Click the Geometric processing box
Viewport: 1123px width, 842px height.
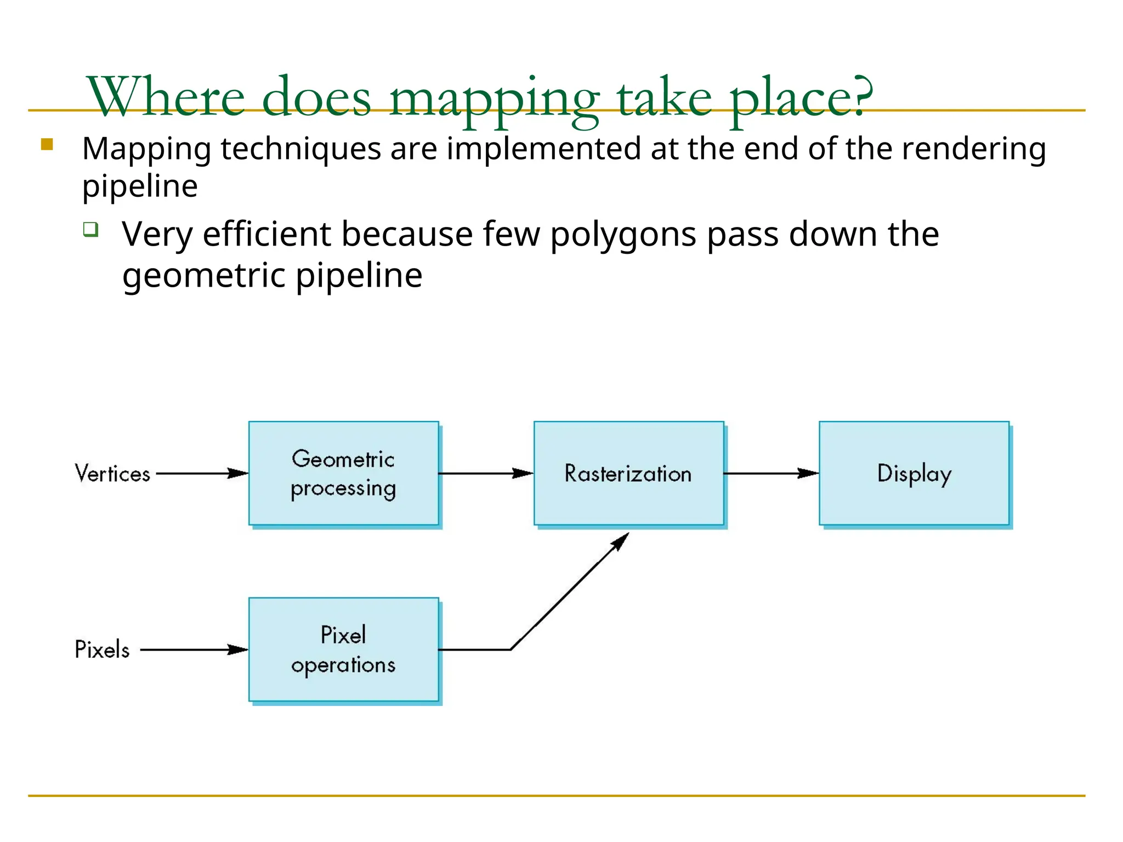click(x=343, y=473)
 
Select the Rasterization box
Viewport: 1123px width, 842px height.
click(x=628, y=473)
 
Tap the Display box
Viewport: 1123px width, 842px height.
click(x=914, y=473)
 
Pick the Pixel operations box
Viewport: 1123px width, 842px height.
click(x=343, y=649)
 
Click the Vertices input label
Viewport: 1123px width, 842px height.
click(x=112, y=474)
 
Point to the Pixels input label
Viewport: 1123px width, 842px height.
click(x=102, y=650)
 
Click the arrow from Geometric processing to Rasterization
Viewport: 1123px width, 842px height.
click(x=486, y=473)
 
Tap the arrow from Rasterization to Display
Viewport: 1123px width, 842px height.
click(x=771, y=473)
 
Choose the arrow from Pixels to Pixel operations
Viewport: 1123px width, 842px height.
click(x=194, y=650)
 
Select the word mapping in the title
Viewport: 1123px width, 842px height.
click(x=494, y=99)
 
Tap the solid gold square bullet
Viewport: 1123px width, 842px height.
click(x=47, y=144)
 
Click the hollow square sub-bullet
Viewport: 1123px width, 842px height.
click(x=90, y=229)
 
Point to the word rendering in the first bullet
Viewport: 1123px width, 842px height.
click(x=974, y=149)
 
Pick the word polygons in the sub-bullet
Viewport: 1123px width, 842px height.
click(x=623, y=235)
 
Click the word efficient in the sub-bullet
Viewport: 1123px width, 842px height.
click(x=266, y=234)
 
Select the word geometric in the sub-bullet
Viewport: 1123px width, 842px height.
click(x=204, y=276)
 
